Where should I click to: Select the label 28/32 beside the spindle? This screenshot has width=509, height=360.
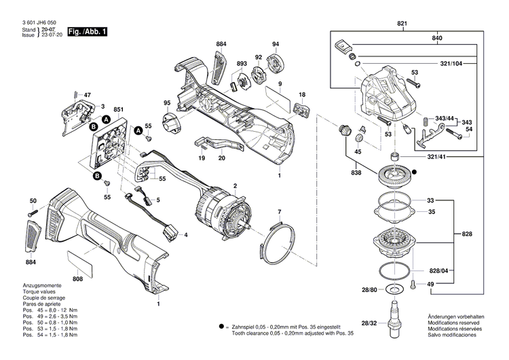369,323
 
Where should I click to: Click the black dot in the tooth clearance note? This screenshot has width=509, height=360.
221,327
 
